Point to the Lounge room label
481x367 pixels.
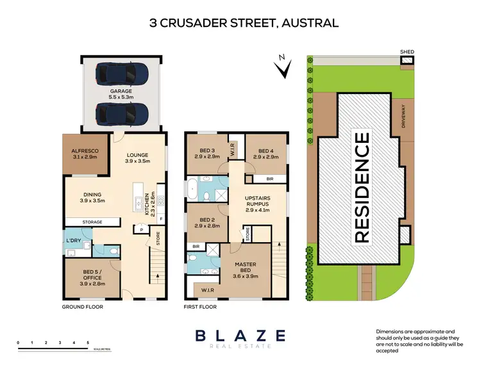(x=139, y=158)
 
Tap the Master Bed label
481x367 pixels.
(x=246, y=271)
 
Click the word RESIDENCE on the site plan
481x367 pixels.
(x=362, y=187)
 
